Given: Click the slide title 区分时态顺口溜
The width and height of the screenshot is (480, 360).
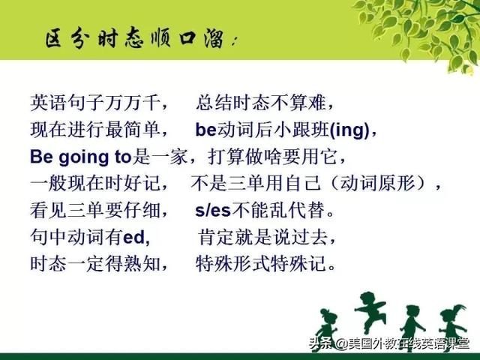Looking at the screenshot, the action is [135, 38].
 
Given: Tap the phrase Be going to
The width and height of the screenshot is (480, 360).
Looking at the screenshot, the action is [80, 157].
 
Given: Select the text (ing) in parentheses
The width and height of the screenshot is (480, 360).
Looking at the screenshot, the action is [349, 130].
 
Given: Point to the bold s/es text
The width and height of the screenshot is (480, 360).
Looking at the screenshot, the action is [213, 211].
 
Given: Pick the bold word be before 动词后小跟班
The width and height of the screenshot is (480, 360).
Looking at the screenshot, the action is [206, 130].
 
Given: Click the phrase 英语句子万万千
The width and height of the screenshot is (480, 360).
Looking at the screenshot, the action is [95, 103].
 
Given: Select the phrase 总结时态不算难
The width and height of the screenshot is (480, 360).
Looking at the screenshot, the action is [260, 103].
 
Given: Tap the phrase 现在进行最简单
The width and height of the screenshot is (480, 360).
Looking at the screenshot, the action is [95, 130].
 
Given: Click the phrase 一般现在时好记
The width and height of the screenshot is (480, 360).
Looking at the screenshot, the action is [95, 184].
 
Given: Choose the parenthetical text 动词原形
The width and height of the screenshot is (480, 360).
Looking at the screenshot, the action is [377, 184].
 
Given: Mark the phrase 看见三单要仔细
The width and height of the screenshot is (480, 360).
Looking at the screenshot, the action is [95, 211].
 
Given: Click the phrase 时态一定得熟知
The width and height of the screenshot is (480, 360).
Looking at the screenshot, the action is [95, 264].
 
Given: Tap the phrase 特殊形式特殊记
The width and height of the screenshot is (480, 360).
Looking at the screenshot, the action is [260, 264].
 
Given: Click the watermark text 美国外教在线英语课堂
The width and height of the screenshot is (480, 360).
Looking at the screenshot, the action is [409, 343].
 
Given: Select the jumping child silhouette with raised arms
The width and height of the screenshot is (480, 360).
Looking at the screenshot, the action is [369, 312].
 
